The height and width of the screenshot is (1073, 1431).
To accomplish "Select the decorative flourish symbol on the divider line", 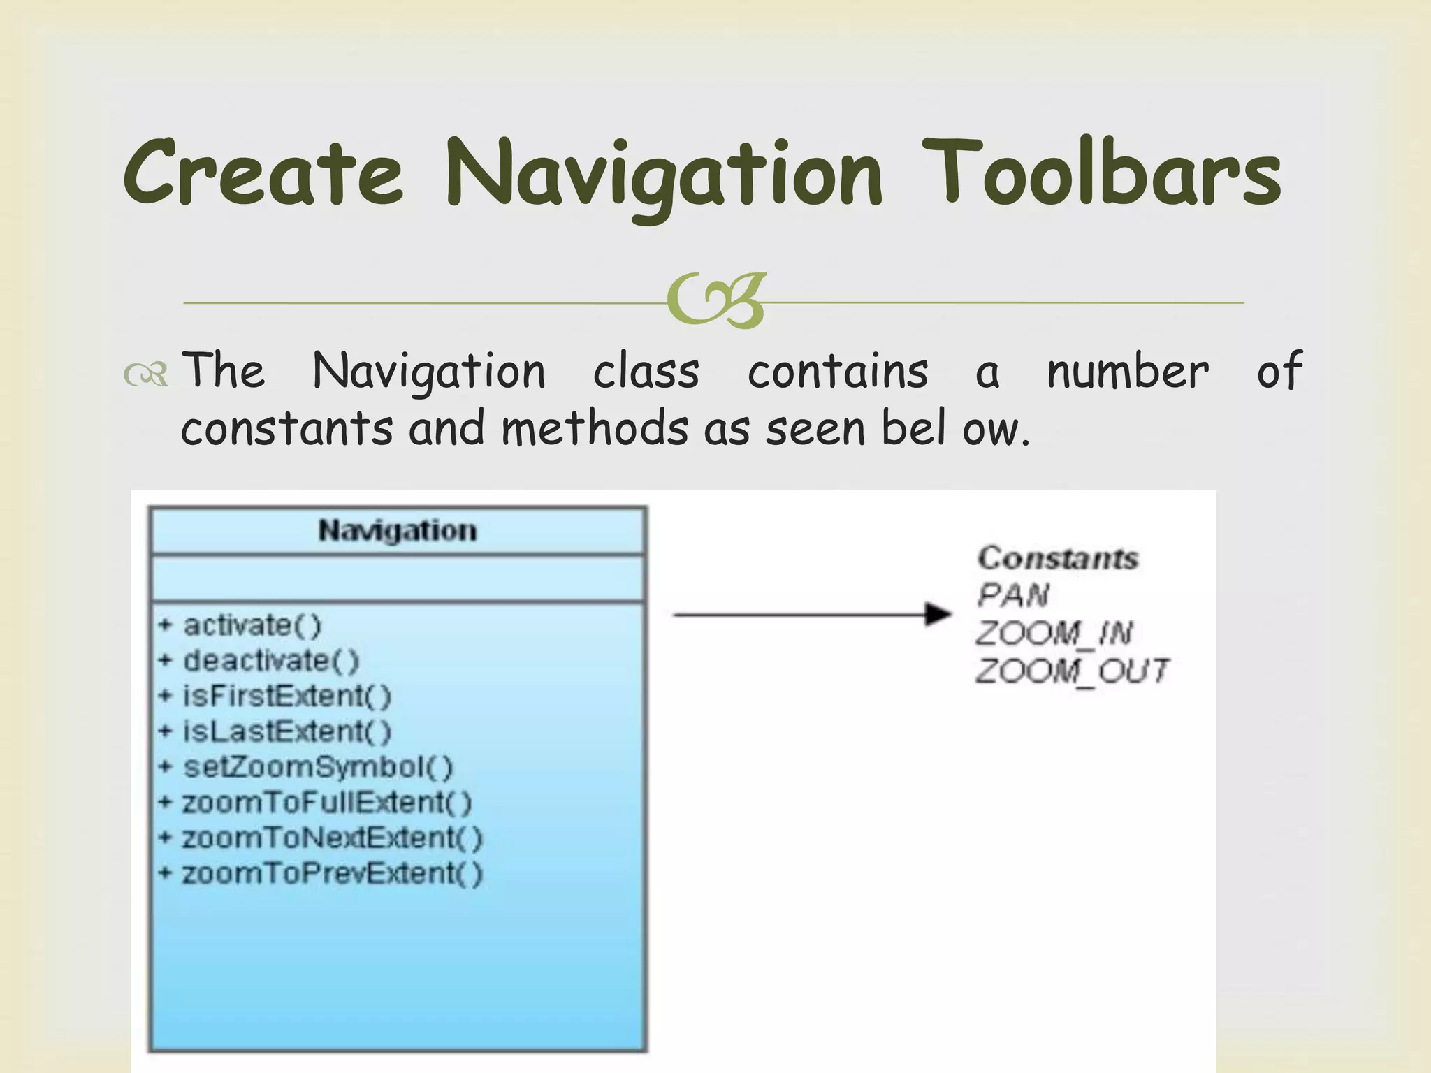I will pyautogui.click(x=717, y=302).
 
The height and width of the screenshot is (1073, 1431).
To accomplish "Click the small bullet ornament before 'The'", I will pyautogui.click(x=145, y=374).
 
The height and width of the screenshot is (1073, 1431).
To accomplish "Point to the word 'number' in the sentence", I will pyautogui.click(x=1127, y=371).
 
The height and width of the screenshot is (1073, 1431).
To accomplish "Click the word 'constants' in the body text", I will pyautogui.click(x=286, y=428).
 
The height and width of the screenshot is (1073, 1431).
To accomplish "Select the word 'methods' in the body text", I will pyautogui.click(x=595, y=428).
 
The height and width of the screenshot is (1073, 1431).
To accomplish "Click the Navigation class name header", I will pyautogui.click(x=398, y=531).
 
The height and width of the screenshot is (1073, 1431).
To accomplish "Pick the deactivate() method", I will pyautogui.click(x=270, y=660).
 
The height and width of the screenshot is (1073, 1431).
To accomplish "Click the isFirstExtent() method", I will pyautogui.click(x=286, y=696).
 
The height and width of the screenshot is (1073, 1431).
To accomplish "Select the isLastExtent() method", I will pyautogui.click(x=286, y=731).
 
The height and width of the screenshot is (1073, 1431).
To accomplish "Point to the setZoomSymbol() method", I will pyautogui.click(x=318, y=767).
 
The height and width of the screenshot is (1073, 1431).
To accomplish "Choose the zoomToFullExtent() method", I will pyautogui.click(x=326, y=802).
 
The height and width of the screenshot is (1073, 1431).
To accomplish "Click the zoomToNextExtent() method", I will pyautogui.click(x=332, y=838).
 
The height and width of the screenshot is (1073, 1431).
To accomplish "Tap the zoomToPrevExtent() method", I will pyautogui.click(x=332, y=873).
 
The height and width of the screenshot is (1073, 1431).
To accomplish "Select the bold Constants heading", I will pyautogui.click(x=1057, y=558).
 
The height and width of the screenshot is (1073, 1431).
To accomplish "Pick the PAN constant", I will pyautogui.click(x=1012, y=595).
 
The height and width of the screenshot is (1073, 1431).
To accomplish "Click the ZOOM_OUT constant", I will pyautogui.click(x=1071, y=671).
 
